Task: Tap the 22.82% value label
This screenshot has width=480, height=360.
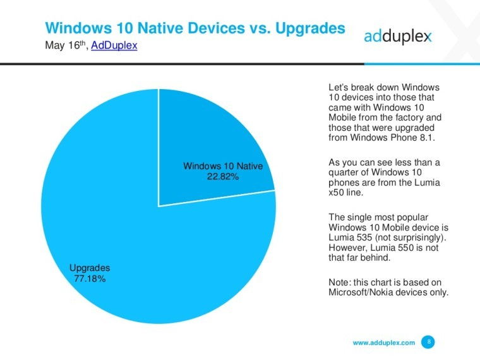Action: [223, 177]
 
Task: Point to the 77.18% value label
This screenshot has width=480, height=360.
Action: [90, 279]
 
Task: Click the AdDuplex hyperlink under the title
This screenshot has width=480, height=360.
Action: [114, 45]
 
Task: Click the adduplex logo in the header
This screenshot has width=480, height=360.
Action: [398, 37]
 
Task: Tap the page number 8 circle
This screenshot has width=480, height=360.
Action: [429, 342]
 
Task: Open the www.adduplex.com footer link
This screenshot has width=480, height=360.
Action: [384, 342]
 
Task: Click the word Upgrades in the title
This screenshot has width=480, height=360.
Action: [310, 28]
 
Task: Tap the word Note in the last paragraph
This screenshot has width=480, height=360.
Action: [339, 282]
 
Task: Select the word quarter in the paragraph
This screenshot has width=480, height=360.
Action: [344, 172]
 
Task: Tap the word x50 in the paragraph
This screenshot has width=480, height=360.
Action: [335, 193]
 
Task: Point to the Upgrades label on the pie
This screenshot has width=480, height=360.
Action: [90, 268]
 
